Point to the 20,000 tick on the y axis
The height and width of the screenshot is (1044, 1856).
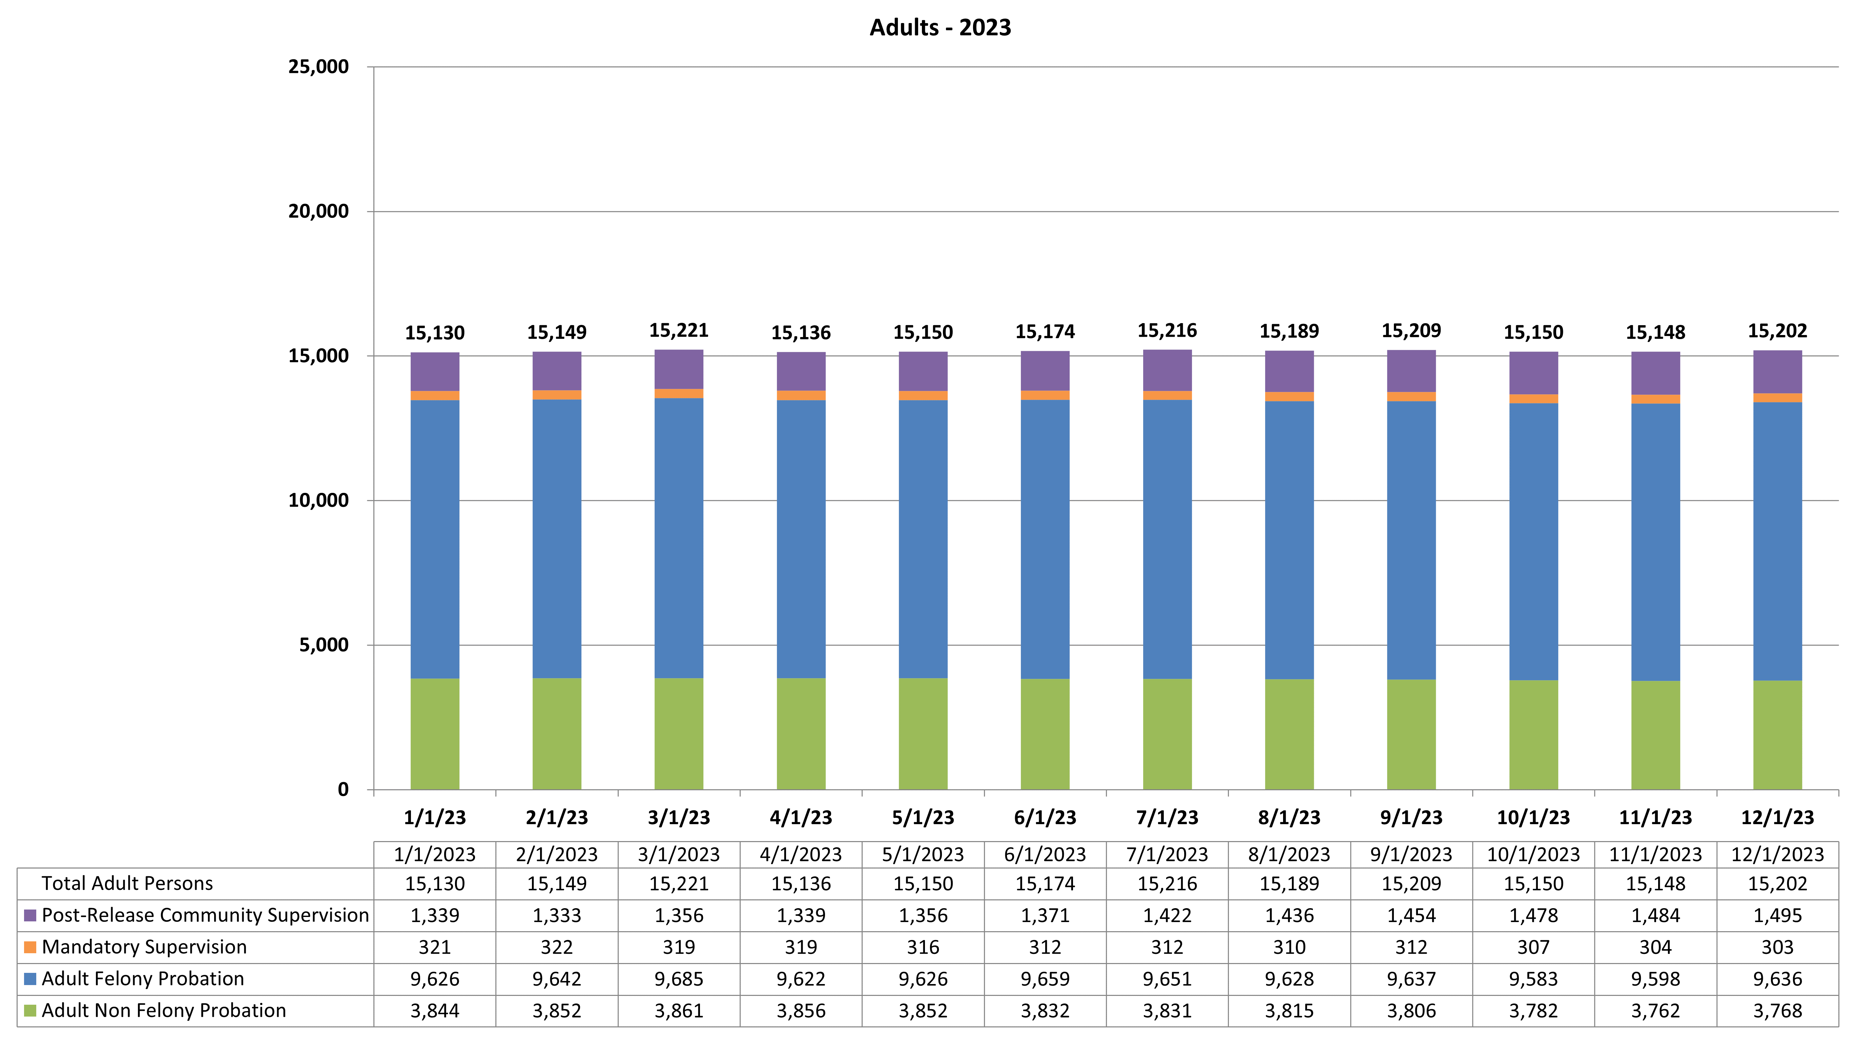pyautogui.click(x=318, y=211)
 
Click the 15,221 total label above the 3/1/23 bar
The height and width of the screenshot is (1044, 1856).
pyautogui.click(x=679, y=331)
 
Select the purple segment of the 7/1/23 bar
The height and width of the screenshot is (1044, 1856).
pyautogui.click(x=1167, y=370)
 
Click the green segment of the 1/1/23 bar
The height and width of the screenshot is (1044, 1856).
pyautogui.click(x=434, y=733)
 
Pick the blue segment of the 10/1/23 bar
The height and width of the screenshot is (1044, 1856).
pyautogui.click(x=1533, y=540)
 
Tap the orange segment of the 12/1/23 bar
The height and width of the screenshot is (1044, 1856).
pyautogui.click(x=1777, y=398)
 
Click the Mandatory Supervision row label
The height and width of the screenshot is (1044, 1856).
pyautogui.click(x=144, y=947)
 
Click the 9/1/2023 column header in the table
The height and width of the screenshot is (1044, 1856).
pyautogui.click(x=1411, y=855)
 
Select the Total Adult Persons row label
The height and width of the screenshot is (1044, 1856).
pyautogui.click(x=127, y=883)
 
